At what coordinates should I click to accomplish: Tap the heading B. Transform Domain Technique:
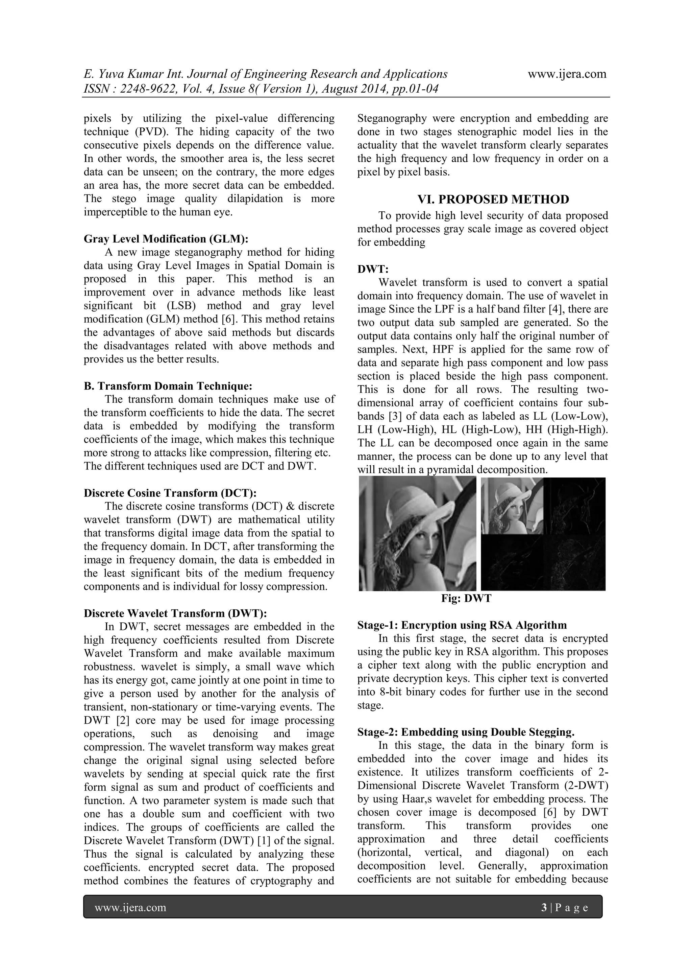tap(168, 386)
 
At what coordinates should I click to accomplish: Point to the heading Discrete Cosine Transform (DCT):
tap(170, 493)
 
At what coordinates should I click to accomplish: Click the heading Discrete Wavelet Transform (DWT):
tap(175, 613)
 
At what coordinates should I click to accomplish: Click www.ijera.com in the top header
tap(567, 74)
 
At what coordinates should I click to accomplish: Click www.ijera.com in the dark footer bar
tap(130, 908)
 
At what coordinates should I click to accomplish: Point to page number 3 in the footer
tap(544, 908)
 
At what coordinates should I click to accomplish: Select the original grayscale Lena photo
tap(417, 533)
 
